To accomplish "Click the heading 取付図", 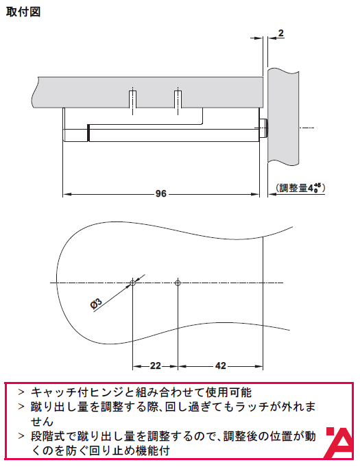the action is pyautogui.click(x=23, y=12).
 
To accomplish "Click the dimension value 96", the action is pyautogui.click(x=160, y=194).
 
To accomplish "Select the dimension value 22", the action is pyautogui.click(x=156, y=366).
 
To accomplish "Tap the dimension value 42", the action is pyautogui.click(x=220, y=366).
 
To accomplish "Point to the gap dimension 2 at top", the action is pyautogui.click(x=280, y=33).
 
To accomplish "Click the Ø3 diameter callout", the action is pyautogui.click(x=96, y=304).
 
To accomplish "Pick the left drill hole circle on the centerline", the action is pyautogui.click(x=133, y=283).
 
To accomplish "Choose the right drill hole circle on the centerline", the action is pyautogui.click(x=178, y=283).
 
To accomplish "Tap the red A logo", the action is pyautogui.click(x=340, y=443).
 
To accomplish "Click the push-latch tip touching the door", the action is pyautogui.click(x=263, y=128).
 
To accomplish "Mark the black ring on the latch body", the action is pyautogui.click(x=88, y=133).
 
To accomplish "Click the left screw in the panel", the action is pyautogui.click(x=133, y=99).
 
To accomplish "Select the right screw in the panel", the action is pyautogui.click(x=178, y=99).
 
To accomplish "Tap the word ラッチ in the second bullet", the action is pyautogui.click(x=252, y=407).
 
